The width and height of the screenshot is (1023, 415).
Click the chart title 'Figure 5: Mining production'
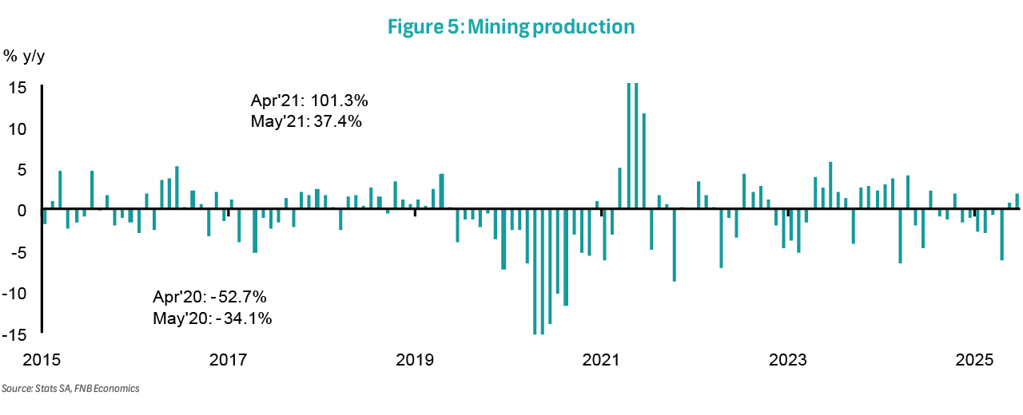pyautogui.click(x=511, y=26)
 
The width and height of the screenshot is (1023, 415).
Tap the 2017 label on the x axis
pyautogui.click(x=229, y=358)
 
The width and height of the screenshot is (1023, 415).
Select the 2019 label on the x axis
pyautogui.click(x=415, y=358)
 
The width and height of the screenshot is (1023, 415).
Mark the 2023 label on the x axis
pyautogui.click(x=788, y=358)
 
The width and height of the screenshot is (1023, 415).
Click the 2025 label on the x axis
pyautogui.click(x=974, y=358)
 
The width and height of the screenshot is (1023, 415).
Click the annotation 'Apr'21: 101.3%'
pyautogui.click(x=308, y=102)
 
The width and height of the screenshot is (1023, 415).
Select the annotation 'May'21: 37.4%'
pyautogui.click(x=306, y=122)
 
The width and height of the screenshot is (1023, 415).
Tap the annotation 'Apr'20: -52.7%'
pyautogui.click(x=209, y=298)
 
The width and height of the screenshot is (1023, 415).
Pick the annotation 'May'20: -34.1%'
pyautogui.click(x=212, y=318)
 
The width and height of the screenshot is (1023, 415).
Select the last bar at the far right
pyautogui.click(x=1017, y=202)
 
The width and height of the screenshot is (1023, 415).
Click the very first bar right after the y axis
pyautogui.click(x=45, y=216)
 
